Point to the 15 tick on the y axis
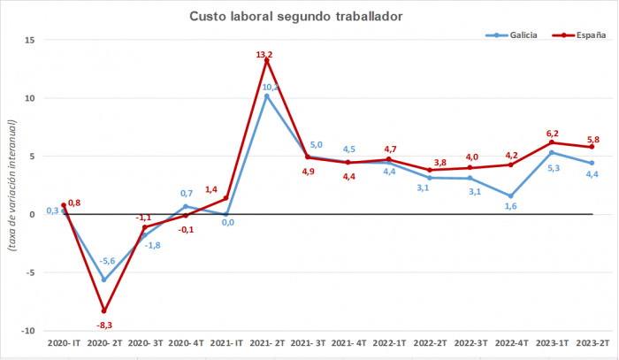pyautogui.click(x=29, y=41)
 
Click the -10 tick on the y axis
pyautogui.click(x=27, y=331)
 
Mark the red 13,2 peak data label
pyautogui.click(x=265, y=55)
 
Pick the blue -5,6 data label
pyautogui.click(x=106, y=261)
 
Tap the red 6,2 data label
pyautogui.click(x=551, y=131)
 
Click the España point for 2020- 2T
pyautogui.click(x=103, y=310)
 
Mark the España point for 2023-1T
pyautogui.click(x=551, y=142)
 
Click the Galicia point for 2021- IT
pyautogui.click(x=225, y=214)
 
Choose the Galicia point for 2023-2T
pyautogui.click(x=592, y=163)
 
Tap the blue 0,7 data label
pyautogui.click(x=186, y=193)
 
